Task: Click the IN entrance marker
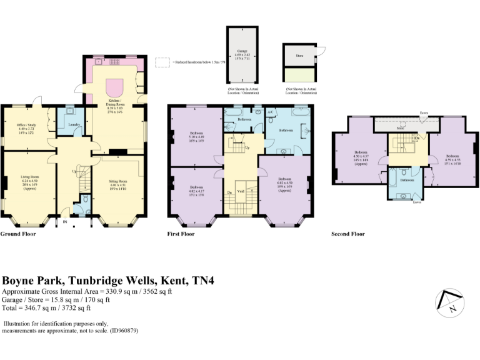tap(65, 221)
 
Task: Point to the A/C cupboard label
tap(271, 113)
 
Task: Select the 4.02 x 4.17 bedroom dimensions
tap(196, 191)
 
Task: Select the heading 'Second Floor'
tap(347, 234)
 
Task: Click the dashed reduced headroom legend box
tap(162, 62)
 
